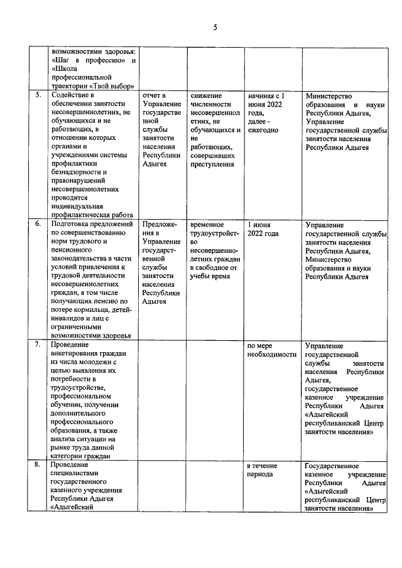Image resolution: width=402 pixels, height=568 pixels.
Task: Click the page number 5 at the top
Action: pos(215,27)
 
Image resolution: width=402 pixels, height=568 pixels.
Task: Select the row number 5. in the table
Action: pos(37,95)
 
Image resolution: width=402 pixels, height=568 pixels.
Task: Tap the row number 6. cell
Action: pos(37,224)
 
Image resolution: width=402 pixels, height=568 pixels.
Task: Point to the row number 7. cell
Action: pos(37,345)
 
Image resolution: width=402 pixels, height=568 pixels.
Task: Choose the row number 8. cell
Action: pos(37,466)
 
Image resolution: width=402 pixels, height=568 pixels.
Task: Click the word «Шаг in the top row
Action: pos(63,60)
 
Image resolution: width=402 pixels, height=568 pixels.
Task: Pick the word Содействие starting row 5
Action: pos(72,95)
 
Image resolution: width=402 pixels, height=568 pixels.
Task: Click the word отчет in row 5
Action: pos(153,95)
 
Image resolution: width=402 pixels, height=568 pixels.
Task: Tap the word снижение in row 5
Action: pos(205,95)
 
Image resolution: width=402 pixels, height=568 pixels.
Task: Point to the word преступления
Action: pos(212,164)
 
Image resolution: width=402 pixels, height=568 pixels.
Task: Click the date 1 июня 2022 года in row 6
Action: pos(263,228)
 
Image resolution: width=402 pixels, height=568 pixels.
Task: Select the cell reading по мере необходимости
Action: pos(271,350)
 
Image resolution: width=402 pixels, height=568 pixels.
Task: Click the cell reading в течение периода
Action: pos(266,470)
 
